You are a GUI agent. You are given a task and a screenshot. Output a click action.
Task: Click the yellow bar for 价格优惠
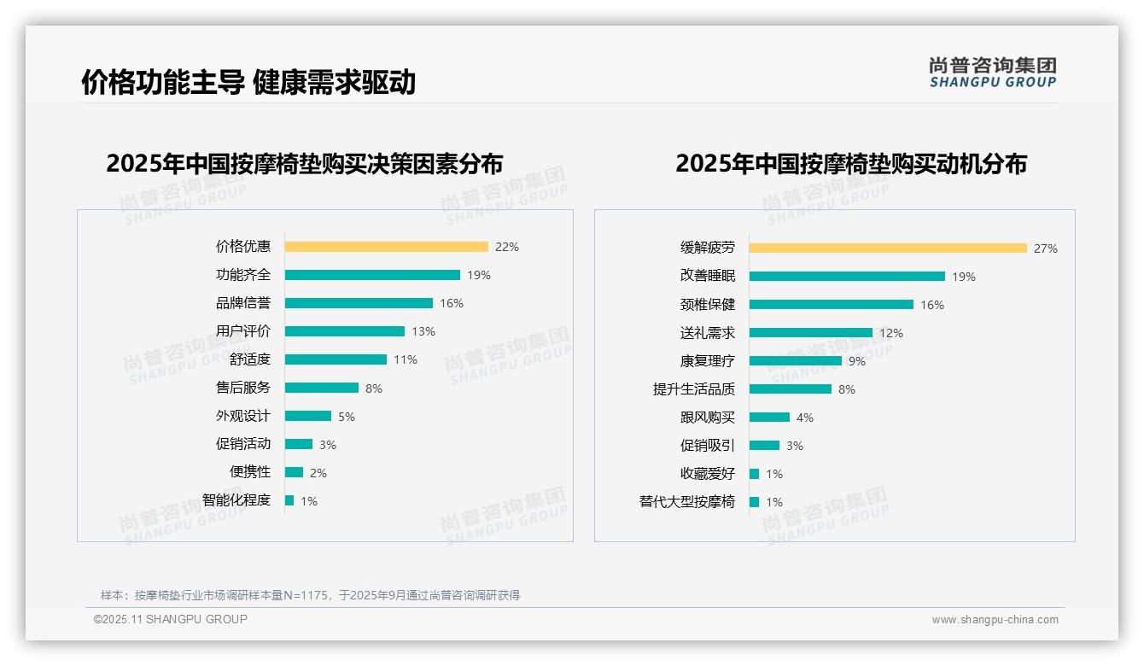pyautogui.click(x=386, y=247)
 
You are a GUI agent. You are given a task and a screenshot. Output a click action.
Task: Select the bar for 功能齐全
pyautogui.click(x=372, y=275)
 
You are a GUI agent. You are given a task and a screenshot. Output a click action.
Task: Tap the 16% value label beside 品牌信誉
pyautogui.click(x=452, y=303)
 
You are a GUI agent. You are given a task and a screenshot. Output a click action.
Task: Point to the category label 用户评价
pyautogui.click(x=242, y=331)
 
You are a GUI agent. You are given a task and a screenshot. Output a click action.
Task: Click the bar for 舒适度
pyautogui.click(x=336, y=359)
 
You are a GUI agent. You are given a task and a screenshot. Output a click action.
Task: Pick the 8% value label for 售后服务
pyautogui.click(x=374, y=388)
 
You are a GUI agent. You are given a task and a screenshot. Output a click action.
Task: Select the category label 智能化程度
pyautogui.click(x=236, y=500)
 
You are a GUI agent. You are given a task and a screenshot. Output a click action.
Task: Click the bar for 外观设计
pyautogui.click(x=308, y=416)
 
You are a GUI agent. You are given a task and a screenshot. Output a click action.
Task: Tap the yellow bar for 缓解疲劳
pyautogui.click(x=888, y=248)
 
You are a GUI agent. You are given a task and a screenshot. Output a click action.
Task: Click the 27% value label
pyautogui.click(x=1046, y=248)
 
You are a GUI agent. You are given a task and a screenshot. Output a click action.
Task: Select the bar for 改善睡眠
pyautogui.click(x=847, y=277)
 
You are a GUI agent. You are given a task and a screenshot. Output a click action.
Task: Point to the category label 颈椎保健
pyautogui.click(x=707, y=305)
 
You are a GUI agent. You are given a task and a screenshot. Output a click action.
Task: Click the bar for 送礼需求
pyautogui.click(x=811, y=333)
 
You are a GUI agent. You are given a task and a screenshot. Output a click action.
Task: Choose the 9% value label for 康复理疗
pyautogui.click(x=856, y=361)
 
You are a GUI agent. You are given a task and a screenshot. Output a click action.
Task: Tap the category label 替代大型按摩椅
pyautogui.click(x=686, y=502)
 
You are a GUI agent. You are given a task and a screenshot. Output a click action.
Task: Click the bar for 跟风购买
pyautogui.click(x=769, y=418)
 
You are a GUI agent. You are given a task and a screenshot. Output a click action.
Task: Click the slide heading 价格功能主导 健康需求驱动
pyautogui.click(x=248, y=82)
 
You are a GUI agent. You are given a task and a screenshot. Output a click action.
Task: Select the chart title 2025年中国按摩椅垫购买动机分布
pyautogui.click(x=850, y=163)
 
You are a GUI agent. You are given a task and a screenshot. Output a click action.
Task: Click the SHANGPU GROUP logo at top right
pyautogui.click(x=992, y=72)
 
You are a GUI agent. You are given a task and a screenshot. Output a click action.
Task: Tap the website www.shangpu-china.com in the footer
pyautogui.click(x=995, y=620)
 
